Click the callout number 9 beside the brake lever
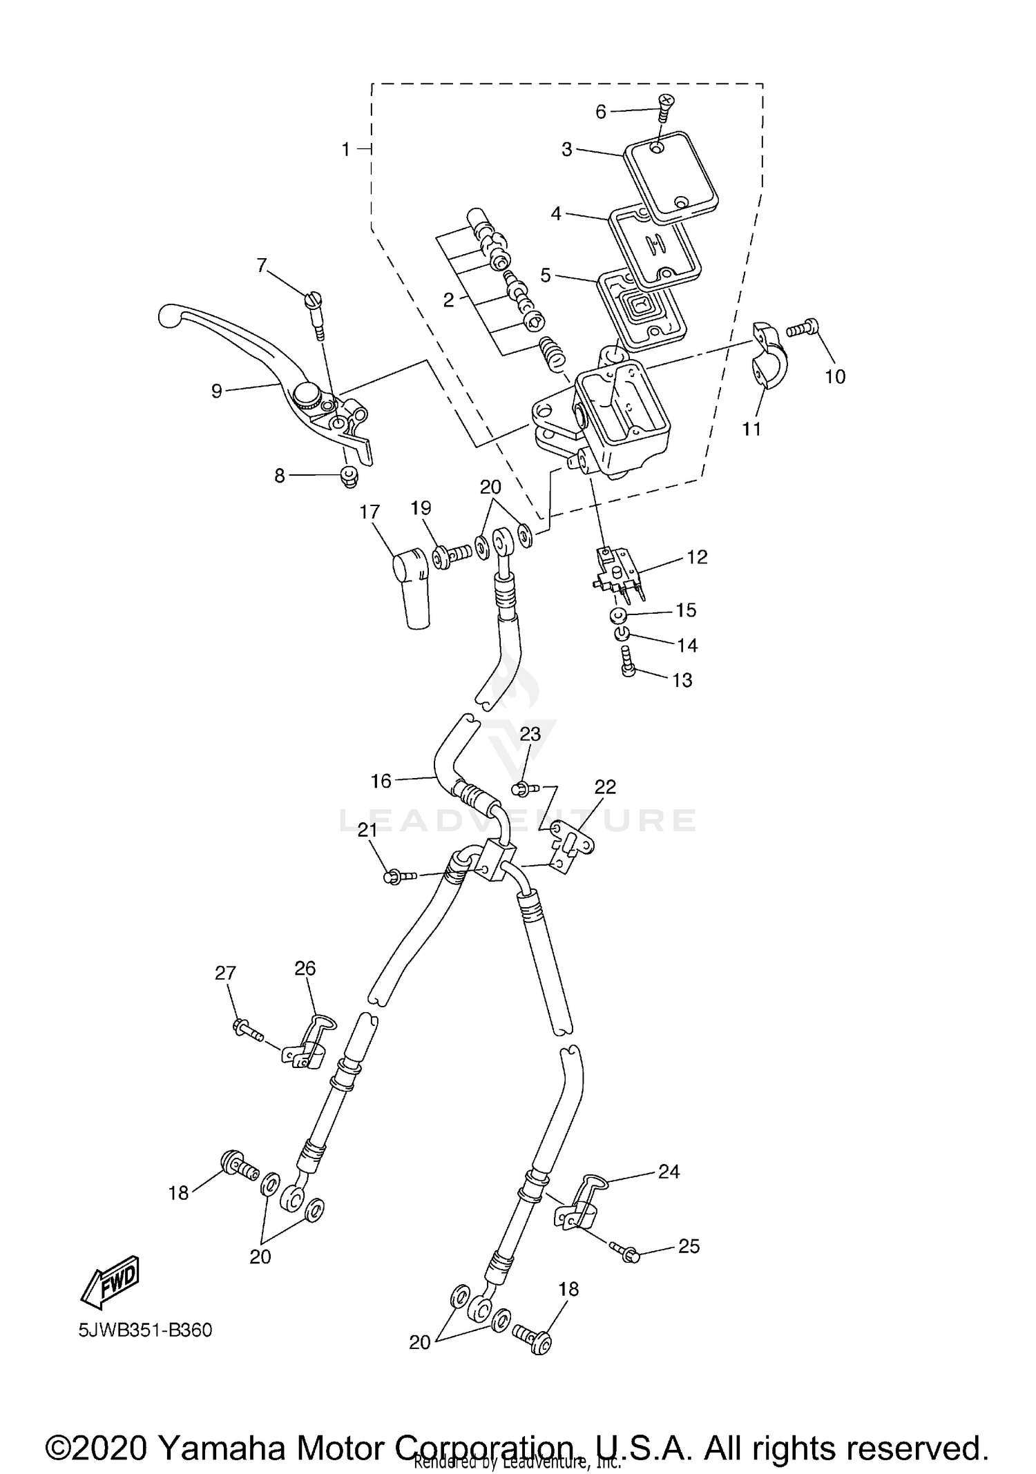point(217,391)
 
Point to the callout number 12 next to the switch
point(697,557)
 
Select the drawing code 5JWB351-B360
point(145,1330)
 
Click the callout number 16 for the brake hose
point(381,781)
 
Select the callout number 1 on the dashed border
point(346,149)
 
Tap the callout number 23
point(530,733)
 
